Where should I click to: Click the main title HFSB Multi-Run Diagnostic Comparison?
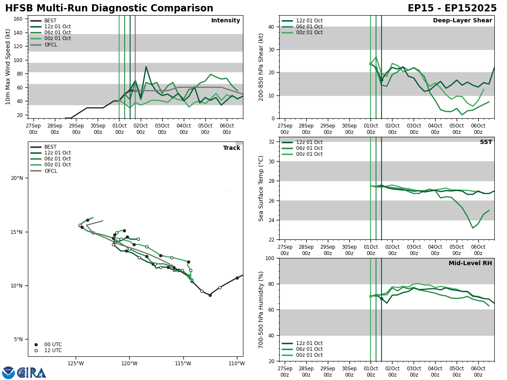coord(109,8)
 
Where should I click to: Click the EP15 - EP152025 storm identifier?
coord(452,8)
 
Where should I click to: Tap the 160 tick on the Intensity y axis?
coord(19,19)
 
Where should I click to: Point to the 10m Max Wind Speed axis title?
coord(8,67)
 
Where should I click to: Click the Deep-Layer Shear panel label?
coord(462,21)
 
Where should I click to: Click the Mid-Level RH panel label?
coord(470,263)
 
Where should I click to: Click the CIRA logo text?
coord(32,372)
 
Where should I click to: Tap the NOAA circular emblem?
coord(8,372)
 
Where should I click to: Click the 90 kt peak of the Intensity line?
coord(146,67)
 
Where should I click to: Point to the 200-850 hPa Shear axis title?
coord(261,67)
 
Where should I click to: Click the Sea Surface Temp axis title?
coord(261,188)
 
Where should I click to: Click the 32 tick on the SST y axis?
coord(273,142)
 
